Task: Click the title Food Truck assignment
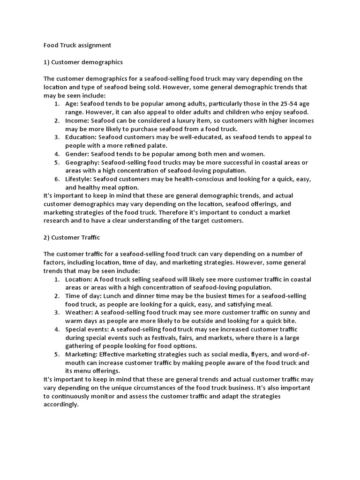(77, 45)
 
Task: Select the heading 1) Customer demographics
(83, 62)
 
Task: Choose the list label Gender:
(77, 154)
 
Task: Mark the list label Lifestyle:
(79, 180)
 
